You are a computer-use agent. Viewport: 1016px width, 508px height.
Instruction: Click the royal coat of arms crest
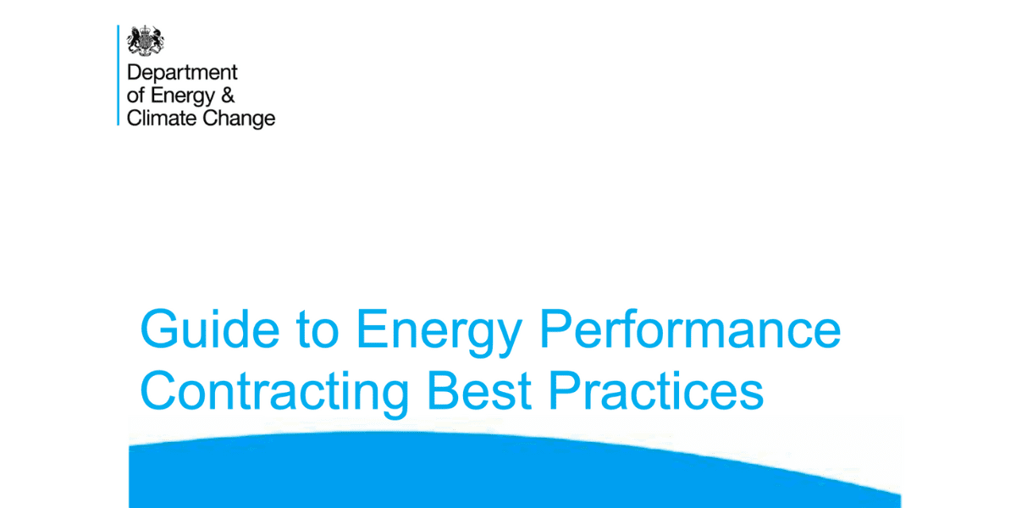(145, 41)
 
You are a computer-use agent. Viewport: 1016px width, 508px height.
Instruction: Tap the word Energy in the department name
(184, 97)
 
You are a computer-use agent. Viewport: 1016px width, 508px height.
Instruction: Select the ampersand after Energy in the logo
(228, 96)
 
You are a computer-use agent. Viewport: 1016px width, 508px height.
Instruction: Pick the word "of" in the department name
(135, 96)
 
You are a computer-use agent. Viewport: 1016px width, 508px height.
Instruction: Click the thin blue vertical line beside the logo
(119, 75)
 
